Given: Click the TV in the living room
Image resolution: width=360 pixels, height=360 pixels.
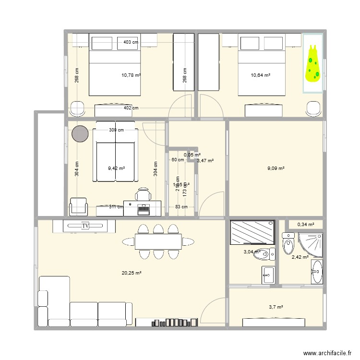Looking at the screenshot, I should coord(86,225).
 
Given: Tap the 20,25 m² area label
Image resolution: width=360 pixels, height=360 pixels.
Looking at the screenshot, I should coord(131,273).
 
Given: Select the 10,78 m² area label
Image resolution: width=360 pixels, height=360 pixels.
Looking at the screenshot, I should coord(131,75).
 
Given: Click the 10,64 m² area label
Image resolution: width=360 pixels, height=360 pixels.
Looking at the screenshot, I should coord(261,75).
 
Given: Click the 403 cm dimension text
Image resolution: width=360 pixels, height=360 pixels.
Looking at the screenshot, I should coord(131,42).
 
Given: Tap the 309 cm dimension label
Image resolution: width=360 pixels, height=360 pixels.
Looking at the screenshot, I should coord(116,130).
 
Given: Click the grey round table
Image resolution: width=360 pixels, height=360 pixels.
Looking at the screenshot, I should coord(81,133).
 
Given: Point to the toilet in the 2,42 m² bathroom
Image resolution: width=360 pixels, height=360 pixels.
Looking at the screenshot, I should coord(288,243).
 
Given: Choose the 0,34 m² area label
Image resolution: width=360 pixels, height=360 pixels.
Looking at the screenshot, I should coord(306,224).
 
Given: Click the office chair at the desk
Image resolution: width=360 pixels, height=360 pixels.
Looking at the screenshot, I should coord(143,195).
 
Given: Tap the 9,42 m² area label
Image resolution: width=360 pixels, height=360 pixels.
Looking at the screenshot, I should coord(117,168).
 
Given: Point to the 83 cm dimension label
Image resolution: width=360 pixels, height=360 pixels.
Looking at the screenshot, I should coord(181,207).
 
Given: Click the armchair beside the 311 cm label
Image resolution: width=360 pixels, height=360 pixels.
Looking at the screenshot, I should coord(79,206).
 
